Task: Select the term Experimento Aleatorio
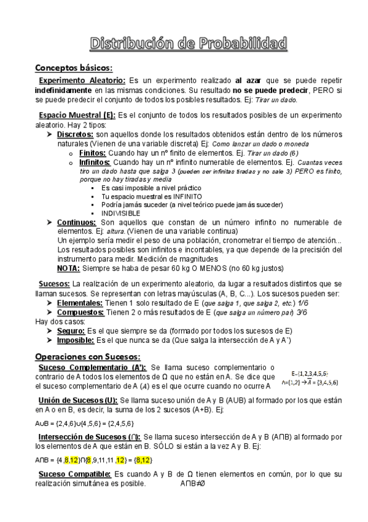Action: [82, 81]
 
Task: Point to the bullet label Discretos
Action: [75, 134]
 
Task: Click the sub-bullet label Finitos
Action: [92, 152]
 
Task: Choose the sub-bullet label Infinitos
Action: [95, 161]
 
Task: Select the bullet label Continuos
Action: [76, 222]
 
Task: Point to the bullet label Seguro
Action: [71, 331]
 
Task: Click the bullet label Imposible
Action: [76, 340]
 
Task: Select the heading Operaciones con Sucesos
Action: [88, 356]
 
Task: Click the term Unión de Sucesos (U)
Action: [81, 401]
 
